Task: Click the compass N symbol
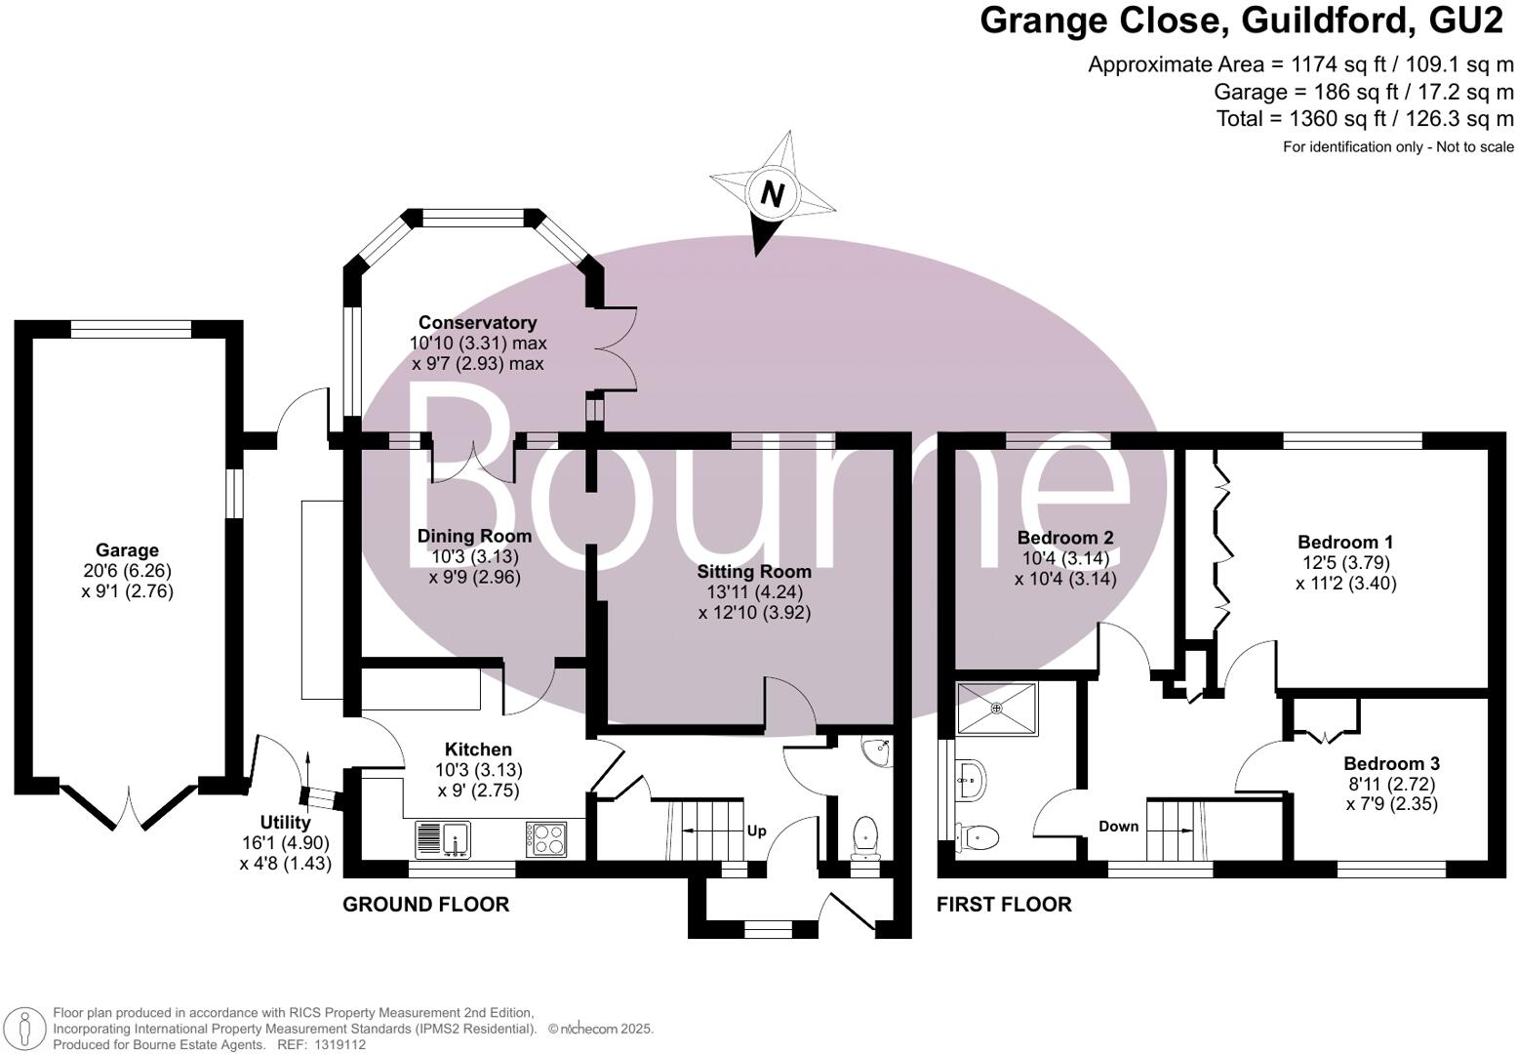(x=772, y=194)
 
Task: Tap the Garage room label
(x=127, y=550)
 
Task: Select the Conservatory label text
(x=477, y=323)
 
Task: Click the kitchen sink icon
(x=443, y=838)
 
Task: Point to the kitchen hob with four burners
(x=546, y=839)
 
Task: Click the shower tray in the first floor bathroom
(x=996, y=708)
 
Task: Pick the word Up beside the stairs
(x=756, y=831)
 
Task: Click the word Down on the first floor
(x=1118, y=826)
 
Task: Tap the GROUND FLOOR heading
(x=425, y=905)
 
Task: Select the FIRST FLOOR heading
(x=1004, y=905)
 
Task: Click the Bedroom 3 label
(x=1391, y=764)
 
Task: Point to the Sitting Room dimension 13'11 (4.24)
(x=754, y=592)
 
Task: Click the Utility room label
(x=285, y=823)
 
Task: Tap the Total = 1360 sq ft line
(x=1365, y=119)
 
